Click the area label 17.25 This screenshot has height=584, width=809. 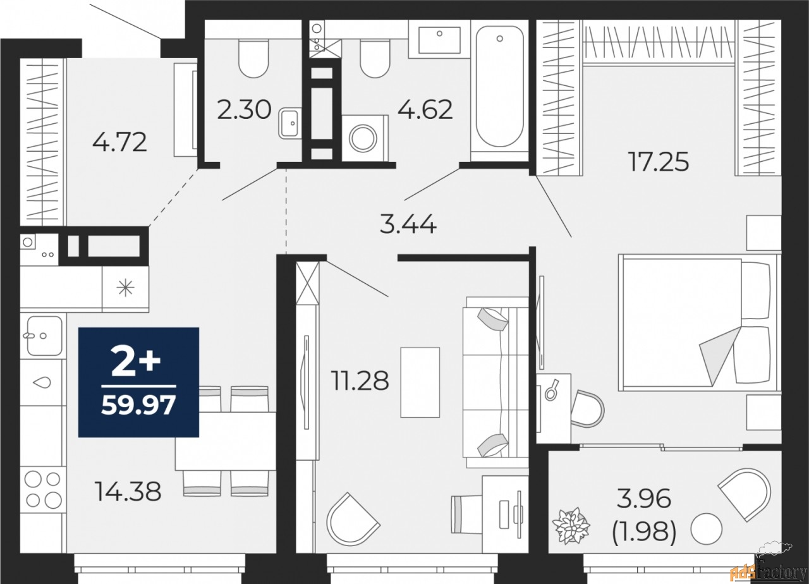point(657,162)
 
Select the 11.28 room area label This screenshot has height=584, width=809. point(359,380)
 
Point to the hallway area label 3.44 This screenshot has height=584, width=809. point(408,224)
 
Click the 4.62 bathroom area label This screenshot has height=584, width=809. point(425,109)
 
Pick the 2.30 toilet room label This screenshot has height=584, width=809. point(244,111)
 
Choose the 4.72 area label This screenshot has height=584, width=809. point(119,142)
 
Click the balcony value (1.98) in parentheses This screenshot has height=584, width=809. point(645,534)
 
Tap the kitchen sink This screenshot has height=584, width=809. point(43,336)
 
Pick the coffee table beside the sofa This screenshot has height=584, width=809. point(420,382)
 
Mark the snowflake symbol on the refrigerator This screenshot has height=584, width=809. point(125,288)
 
